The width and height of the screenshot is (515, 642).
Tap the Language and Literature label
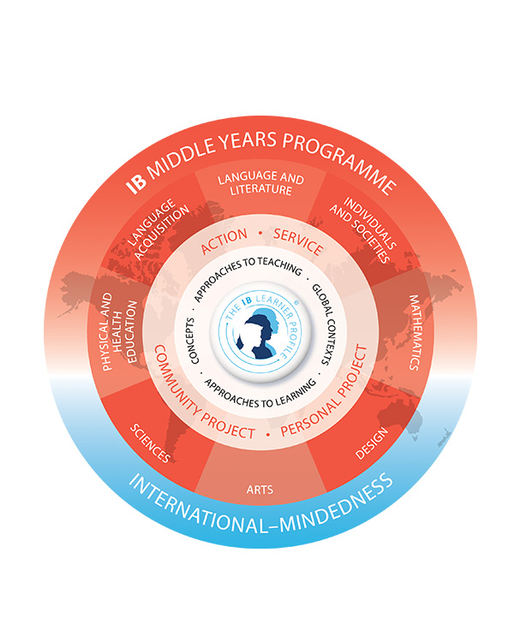coord(260,184)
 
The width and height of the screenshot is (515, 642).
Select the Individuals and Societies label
coord(363,229)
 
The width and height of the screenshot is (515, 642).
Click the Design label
coord(372,443)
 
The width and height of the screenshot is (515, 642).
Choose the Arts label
coord(260,490)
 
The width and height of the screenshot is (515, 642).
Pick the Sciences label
coord(150,443)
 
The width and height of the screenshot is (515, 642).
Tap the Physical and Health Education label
coord(119,331)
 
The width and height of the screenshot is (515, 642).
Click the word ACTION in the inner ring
coord(224,241)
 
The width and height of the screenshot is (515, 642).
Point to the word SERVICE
coord(298,241)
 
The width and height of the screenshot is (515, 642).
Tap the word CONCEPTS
coord(192,341)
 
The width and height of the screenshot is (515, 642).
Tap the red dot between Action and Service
coord(260,233)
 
